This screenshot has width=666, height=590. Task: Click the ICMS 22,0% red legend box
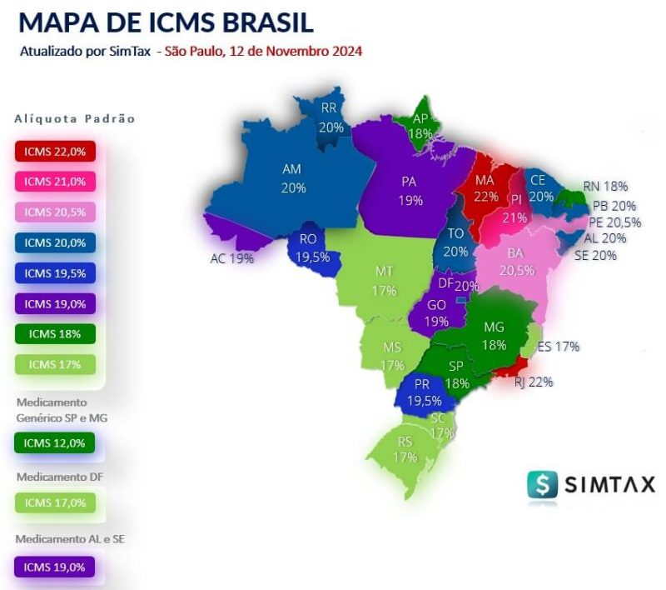55,152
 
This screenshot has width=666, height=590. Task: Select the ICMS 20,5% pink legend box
55,212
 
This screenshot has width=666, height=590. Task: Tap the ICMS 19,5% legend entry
55,272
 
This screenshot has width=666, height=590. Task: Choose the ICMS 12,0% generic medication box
55,442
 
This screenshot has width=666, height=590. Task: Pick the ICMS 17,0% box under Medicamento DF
55,502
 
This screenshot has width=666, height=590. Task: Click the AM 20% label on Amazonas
291,178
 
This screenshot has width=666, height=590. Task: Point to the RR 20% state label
331,117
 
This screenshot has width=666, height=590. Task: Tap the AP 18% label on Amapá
420,126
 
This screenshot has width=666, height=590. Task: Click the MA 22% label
486,188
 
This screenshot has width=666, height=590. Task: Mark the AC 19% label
231,258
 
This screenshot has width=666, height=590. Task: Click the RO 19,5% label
313,248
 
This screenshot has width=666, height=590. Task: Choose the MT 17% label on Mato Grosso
384,281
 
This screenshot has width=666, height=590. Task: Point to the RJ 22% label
533,382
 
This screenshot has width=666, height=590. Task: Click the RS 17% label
405,450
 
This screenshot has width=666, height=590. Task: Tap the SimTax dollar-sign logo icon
542,484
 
